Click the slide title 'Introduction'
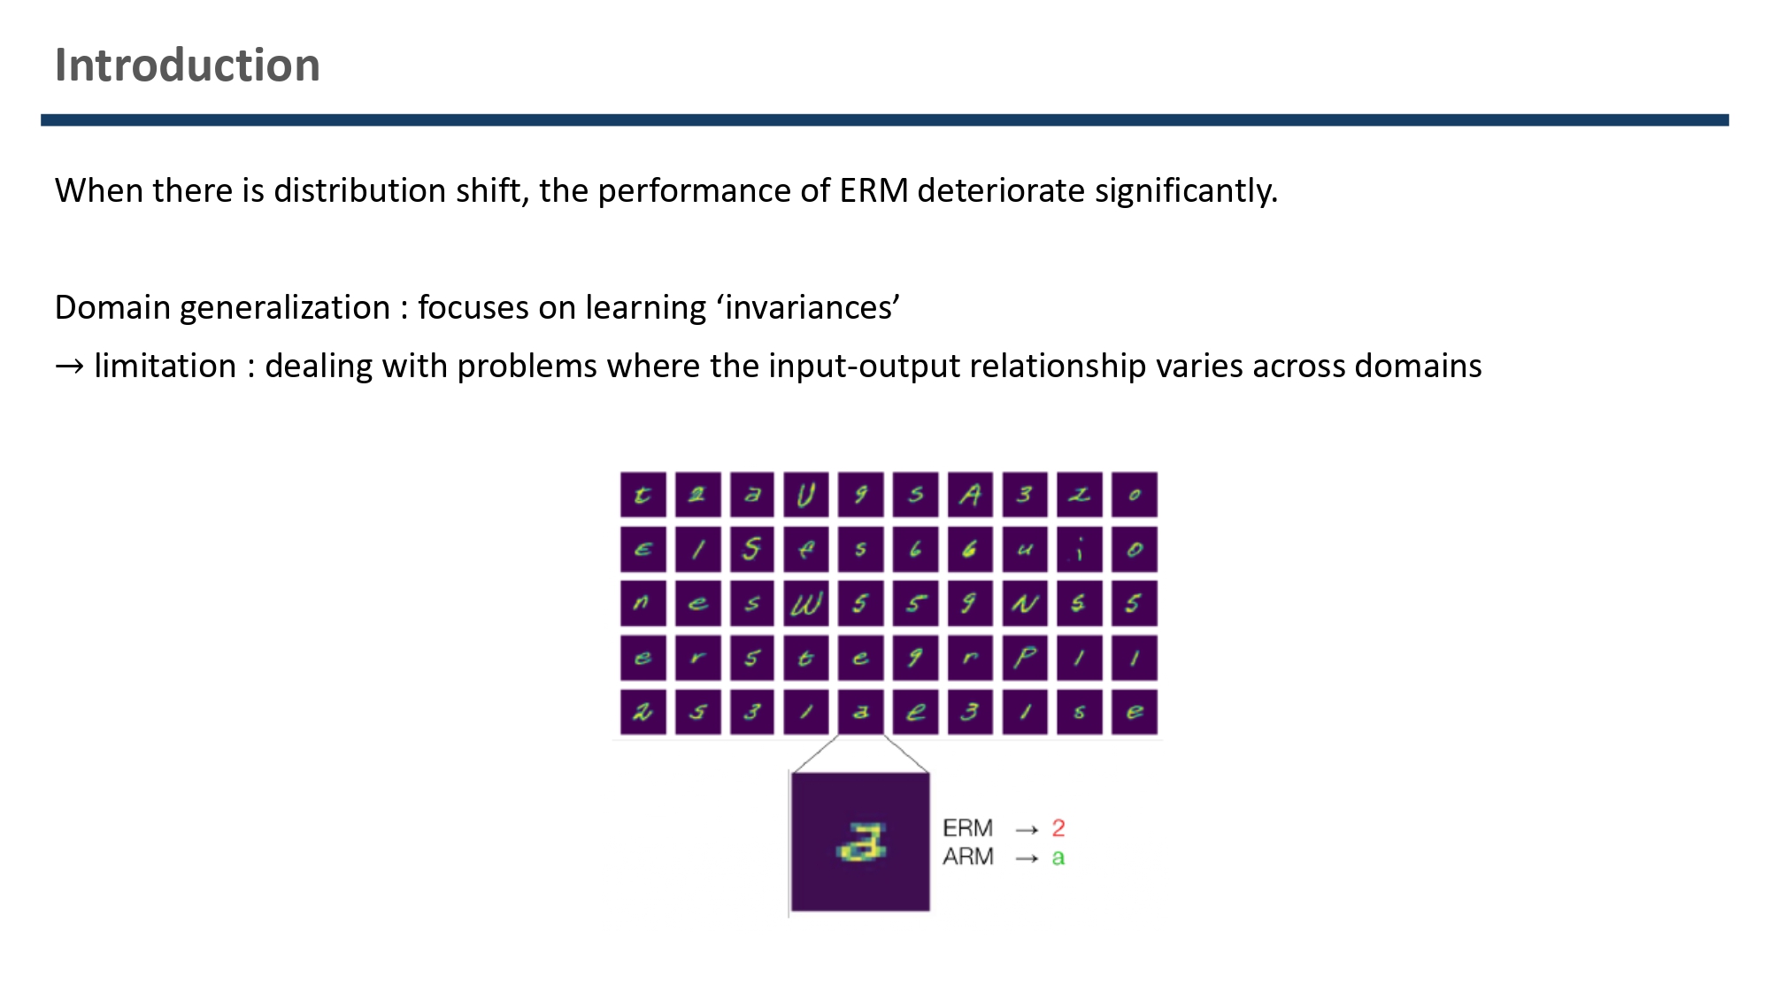187,66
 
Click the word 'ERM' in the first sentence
873,190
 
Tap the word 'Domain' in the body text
112,307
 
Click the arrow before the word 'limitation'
69,366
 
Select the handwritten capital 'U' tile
806,495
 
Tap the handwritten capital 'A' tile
970,495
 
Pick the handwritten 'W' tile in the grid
806,604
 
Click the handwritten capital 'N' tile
1025,604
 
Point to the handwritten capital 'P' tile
1025,658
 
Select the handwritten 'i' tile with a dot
1080,550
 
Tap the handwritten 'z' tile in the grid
1080,495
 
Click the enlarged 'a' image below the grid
860,842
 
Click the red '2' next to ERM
1058,829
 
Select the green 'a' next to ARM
1058,858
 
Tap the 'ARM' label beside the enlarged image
968,857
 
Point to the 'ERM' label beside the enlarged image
968,829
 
